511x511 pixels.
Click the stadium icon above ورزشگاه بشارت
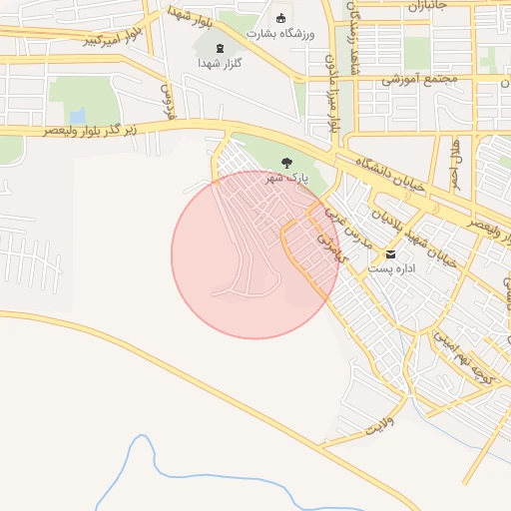tap(280, 19)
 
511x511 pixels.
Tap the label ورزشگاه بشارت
tap(280, 34)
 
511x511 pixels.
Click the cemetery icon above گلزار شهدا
tap(220, 47)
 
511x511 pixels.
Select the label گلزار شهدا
tap(220, 62)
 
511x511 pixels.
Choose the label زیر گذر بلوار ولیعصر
tap(96, 130)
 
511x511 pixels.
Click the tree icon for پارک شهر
tap(287, 163)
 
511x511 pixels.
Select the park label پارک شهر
tap(286, 179)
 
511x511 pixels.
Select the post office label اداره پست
tap(390, 268)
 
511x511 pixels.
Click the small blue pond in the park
tap(77, 116)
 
